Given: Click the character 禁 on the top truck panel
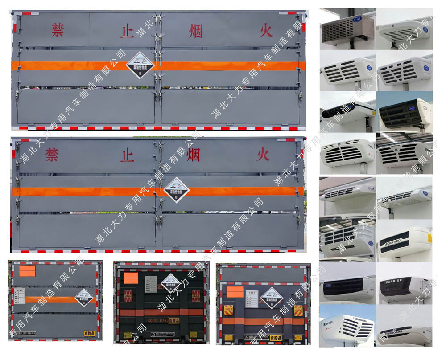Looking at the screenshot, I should pos(58,30).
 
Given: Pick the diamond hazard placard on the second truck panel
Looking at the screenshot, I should pos(176,190).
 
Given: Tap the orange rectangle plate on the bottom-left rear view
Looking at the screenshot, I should pos(27,271).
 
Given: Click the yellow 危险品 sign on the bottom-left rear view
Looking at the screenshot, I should pos(90,333).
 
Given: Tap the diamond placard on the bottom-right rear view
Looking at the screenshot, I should pos(273,298).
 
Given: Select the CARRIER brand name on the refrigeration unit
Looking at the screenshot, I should pos(393,281).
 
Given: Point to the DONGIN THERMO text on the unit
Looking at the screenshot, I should pos(394,241).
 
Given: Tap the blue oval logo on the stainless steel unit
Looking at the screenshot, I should pos(358,19).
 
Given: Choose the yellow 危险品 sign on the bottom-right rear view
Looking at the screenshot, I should pos(297,337).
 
